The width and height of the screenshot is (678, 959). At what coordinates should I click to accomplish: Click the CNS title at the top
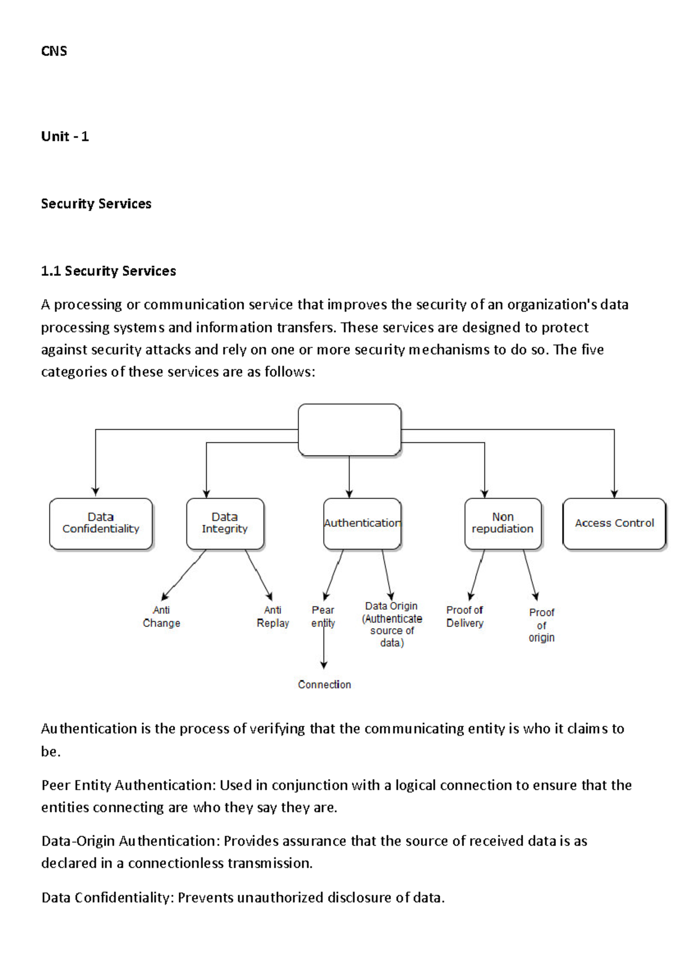(54, 51)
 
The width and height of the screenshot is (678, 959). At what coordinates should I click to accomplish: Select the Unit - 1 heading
(65, 137)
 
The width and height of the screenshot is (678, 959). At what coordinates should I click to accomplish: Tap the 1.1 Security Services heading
(108, 271)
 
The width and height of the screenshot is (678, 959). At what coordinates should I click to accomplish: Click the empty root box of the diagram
(349, 430)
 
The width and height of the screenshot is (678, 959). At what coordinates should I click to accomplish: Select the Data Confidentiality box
(101, 524)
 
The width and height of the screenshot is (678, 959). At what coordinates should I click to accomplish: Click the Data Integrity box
(225, 524)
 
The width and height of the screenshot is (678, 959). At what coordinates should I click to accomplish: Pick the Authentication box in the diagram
(362, 524)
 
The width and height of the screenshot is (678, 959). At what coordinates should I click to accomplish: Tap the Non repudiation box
(502, 524)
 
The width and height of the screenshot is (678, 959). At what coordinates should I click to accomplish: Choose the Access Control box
(614, 524)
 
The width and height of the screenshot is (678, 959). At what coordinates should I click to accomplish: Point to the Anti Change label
(162, 617)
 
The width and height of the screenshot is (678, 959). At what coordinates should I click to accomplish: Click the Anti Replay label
(273, 617)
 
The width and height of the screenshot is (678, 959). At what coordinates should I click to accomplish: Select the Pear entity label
(323, 617)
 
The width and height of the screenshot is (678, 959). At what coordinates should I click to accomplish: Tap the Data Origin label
(392, 624)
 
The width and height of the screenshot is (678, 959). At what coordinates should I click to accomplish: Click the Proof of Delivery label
(465, 617)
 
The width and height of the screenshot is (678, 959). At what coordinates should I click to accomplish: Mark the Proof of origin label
(541, 625)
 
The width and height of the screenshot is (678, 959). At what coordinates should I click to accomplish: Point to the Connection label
(324, 685)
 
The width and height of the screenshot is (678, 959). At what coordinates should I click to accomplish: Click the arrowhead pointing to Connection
(324, 665)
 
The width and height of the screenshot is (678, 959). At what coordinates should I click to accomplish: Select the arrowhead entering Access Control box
(614, 494)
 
